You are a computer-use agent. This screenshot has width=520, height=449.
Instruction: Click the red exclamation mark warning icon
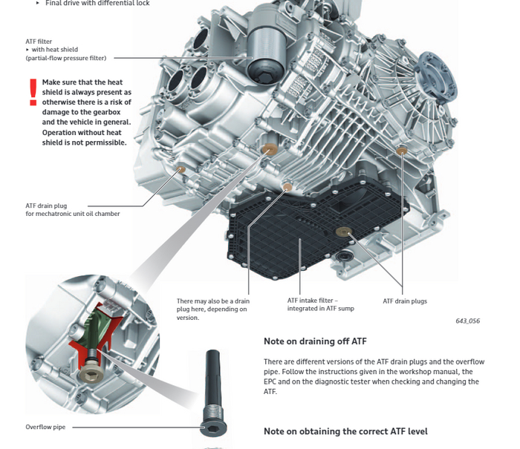pyautogui.click(x=32, y=93)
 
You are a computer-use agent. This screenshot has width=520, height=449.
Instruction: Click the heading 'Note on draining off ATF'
pyautogui.click(x=315, y=341)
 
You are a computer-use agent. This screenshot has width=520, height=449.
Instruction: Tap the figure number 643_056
pyautogui.click(x=467, y=321)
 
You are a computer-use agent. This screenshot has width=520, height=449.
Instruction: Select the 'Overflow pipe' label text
pyautogui.click(x=46, y=427)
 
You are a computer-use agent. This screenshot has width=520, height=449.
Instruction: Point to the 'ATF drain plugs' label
pyautogui.click(x=405, y=301)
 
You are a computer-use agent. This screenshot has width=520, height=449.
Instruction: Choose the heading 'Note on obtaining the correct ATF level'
pyautogui.click(x=345, y=431)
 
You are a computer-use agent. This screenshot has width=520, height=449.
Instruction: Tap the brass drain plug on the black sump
pyautogui.click(x=343, y=232)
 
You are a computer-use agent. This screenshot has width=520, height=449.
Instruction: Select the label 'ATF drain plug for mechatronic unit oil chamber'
pyautogui.click(x=72, y=210)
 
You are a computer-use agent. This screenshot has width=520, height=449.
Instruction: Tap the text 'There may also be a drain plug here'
pyautogui.click(x=212, y=305)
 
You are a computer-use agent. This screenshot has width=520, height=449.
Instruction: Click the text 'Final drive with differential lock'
pyautogui.click(x=97, y=3)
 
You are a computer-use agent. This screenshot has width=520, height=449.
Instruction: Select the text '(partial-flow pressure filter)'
pyautogui.click(x=66, y=58)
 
